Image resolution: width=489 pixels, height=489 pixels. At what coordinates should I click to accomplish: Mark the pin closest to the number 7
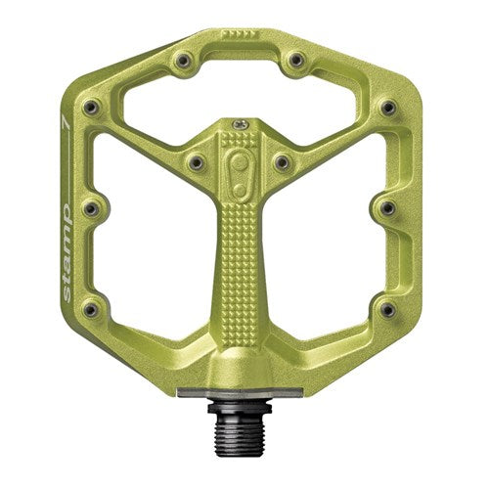point(92,106)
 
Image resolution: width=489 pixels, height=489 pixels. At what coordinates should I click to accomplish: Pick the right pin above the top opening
point(295,65)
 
